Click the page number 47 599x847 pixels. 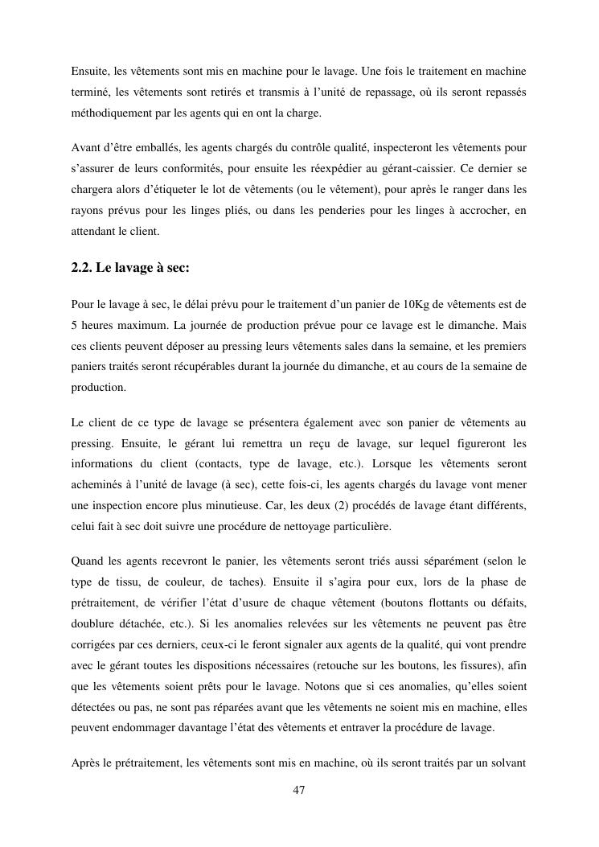[x=299, y=791]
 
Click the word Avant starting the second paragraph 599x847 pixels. [x=86, y=150]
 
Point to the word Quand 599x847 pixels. [x=88, y=561]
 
